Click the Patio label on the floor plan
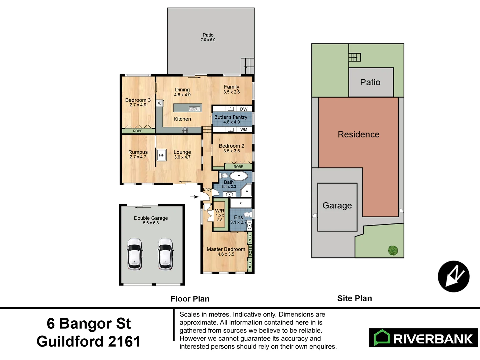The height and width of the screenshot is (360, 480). [208, 35]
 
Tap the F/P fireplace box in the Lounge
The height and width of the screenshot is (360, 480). [162, 155]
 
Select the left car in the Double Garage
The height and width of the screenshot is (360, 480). [135, 254]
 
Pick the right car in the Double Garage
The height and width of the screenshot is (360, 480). [166, 254]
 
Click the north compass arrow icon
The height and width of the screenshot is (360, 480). [453, 276]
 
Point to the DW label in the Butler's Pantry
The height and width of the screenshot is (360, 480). [244, 109]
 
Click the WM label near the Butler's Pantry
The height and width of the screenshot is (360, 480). [244, 129]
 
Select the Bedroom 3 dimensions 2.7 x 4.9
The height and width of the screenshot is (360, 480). [138, 105]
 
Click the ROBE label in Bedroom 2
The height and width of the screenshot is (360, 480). [238, 167]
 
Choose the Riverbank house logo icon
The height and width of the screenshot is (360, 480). [382, 337]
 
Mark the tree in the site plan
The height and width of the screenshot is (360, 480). [393, 250]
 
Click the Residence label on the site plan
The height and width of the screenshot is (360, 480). [358, 134]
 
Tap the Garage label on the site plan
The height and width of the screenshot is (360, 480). [337, 205]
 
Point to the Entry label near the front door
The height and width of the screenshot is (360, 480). [207, 189]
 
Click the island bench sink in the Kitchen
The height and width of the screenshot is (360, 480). [194, 109]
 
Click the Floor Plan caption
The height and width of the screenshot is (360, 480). [190, 299]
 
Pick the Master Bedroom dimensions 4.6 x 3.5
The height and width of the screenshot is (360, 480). [226, 254]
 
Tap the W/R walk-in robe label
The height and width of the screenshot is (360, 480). [219, 211]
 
